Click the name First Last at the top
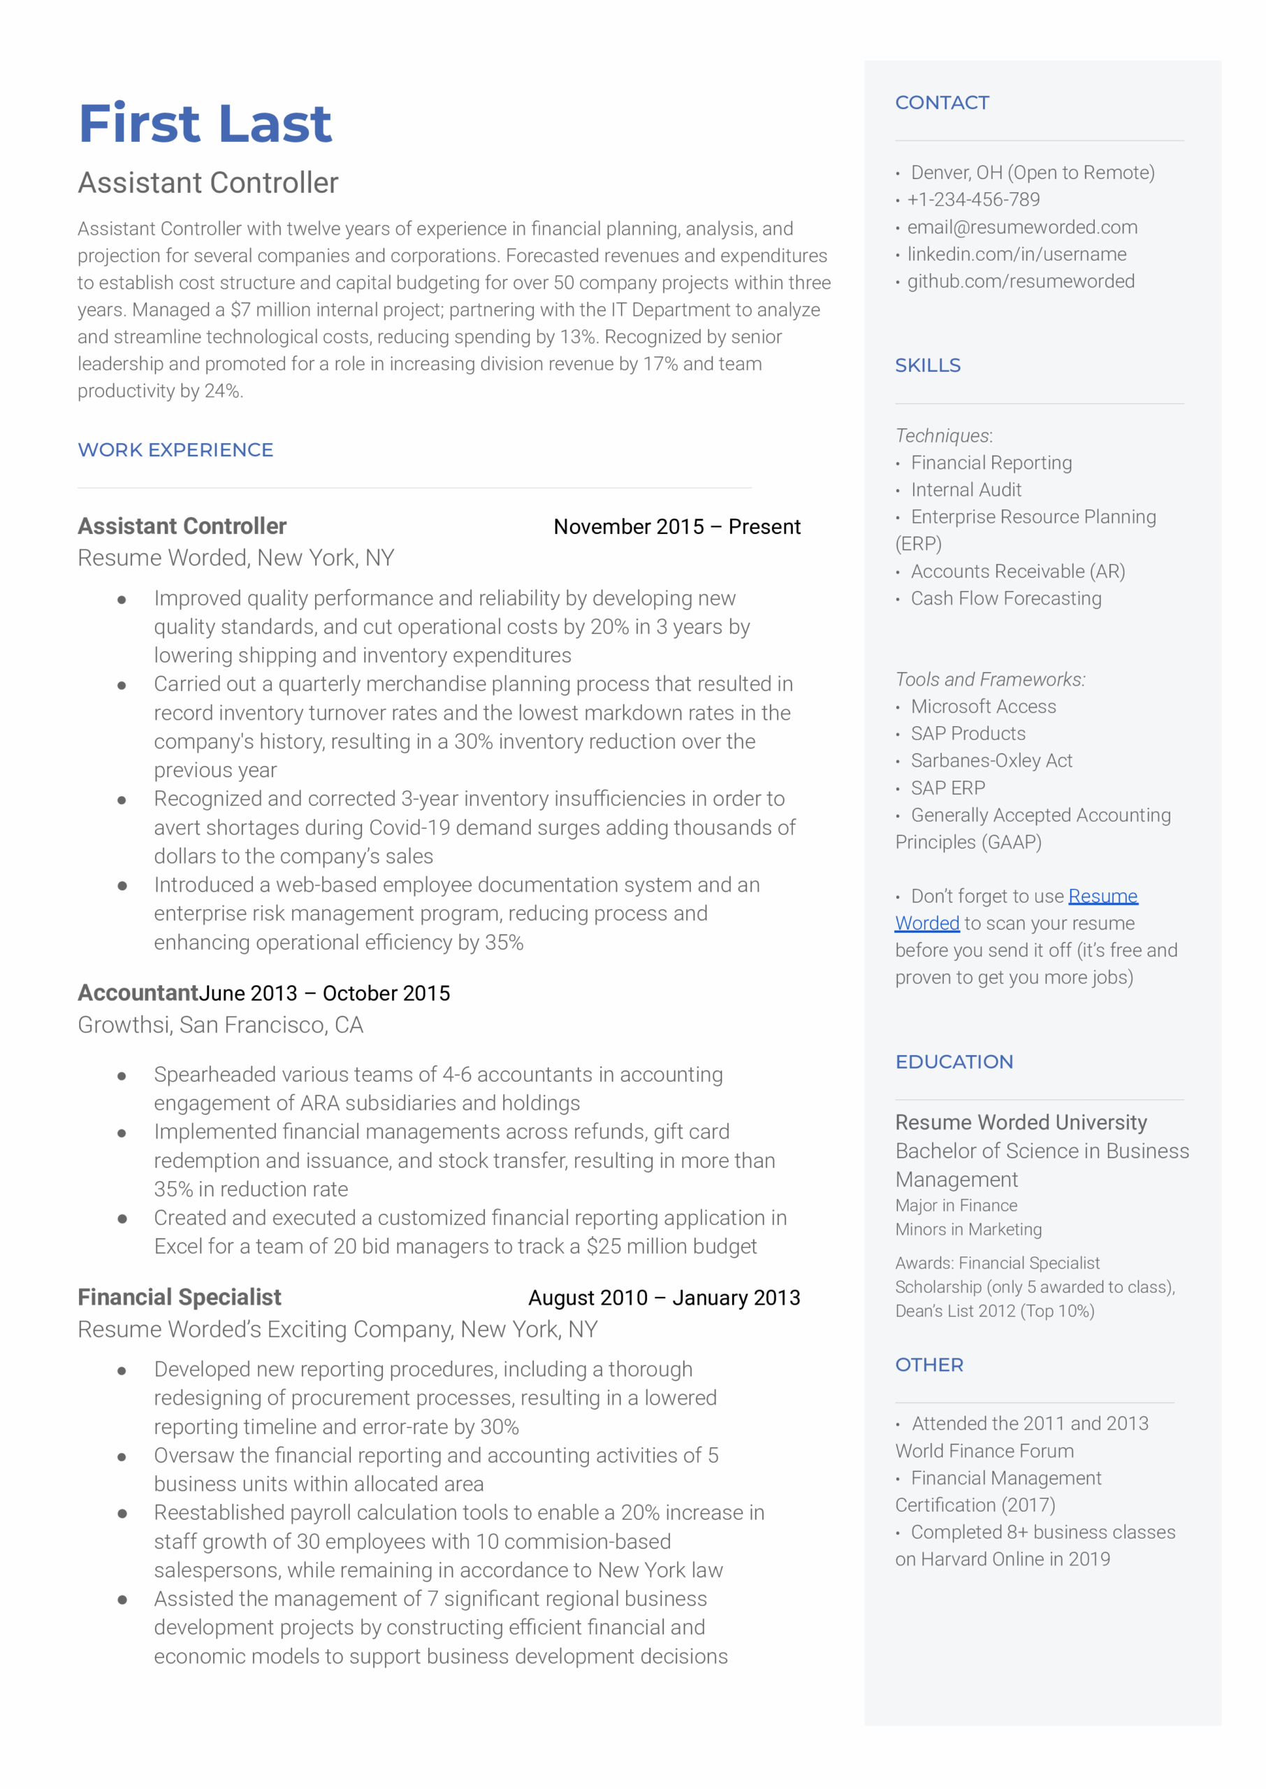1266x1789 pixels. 205,123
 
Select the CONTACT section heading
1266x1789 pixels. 942,103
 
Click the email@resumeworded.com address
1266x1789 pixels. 1021,227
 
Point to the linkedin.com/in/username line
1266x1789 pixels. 1016,254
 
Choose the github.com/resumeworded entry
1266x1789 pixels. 1021,282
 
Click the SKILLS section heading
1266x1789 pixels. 928,365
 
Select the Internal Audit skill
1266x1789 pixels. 966,490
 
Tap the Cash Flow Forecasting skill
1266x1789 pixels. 1005,599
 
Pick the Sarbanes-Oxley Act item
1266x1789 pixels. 991,761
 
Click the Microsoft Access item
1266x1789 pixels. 983,707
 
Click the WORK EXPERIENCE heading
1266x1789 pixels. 175,450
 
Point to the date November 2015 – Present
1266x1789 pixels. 676,527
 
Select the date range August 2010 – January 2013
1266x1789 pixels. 664,1298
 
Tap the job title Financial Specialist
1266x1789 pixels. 180,1297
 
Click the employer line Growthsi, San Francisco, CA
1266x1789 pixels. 221,1025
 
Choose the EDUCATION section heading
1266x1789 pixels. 954,1062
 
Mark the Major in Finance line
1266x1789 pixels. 956,1205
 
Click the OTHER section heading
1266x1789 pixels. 929,1365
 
